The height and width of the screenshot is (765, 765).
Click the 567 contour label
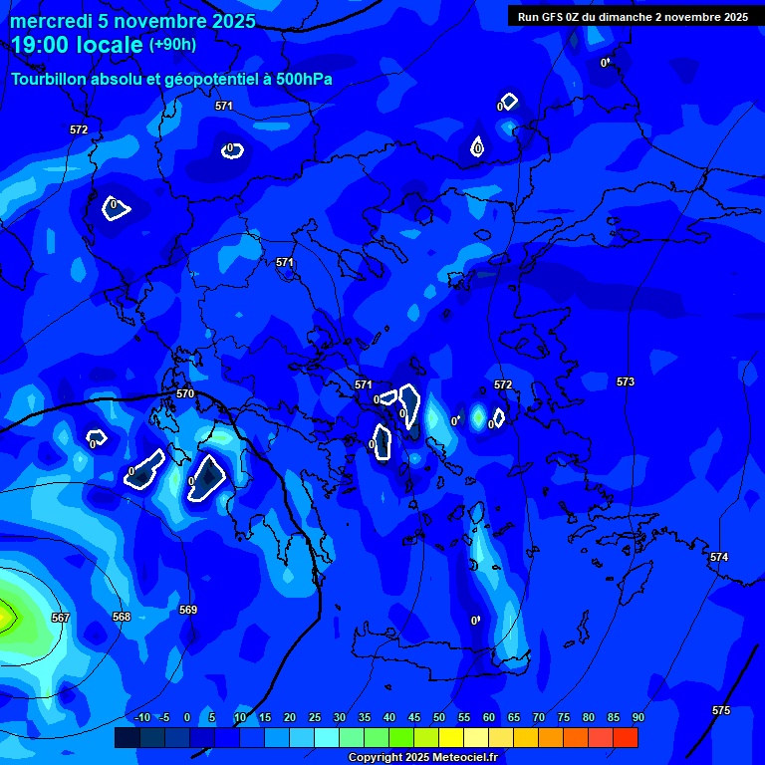(x=61, y=618)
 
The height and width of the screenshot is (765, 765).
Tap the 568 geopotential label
(x=122, y=617)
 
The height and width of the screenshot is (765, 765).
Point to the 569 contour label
(x=188, y=610)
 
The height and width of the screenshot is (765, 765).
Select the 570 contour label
(x=185, y=393)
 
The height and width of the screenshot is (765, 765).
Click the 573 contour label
(x=626, y=382)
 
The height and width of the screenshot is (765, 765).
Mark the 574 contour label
(x=719, y=557)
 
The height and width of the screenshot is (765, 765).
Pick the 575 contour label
(x=721, y=710)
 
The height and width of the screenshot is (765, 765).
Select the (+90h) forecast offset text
(x=172, y=45)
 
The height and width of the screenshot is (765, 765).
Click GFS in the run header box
(x=554, y=17)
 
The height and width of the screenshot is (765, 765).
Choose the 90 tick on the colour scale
(x=637, y=717)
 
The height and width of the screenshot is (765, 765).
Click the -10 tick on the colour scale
(x=142, y=717)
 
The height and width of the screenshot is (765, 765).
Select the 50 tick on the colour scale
(x=439, y=717)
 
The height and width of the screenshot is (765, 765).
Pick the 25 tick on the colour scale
(x=315, y=717)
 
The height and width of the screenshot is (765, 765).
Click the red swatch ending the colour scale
(x=626, y=737)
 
